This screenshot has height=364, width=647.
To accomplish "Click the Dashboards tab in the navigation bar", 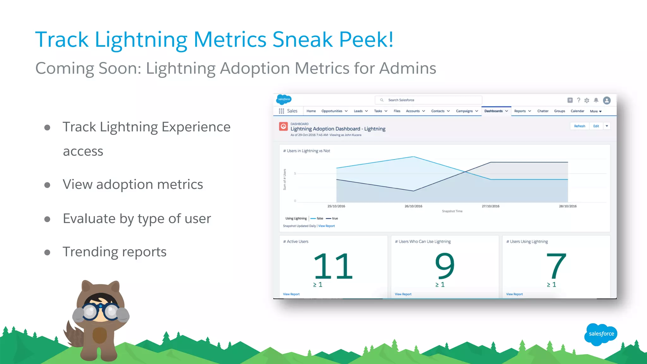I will click(493, 111).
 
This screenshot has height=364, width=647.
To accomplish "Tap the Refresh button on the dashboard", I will click(579, 126).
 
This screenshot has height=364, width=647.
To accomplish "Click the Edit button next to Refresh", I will click(596, 126).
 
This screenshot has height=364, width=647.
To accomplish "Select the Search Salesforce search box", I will click(428, 100).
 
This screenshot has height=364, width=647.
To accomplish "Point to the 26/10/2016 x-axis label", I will click(413, 206).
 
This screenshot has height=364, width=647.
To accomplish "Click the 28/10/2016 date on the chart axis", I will click(567, 206).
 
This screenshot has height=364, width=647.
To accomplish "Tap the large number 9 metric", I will click(444, 266).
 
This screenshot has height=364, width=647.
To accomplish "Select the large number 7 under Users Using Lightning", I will click(556, 266).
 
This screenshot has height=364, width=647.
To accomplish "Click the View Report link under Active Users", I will click(291, 294).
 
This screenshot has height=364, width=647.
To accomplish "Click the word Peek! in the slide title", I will click(366, 39).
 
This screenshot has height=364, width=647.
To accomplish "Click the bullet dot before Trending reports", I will click(47, 252).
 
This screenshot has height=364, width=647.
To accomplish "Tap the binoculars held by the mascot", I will click(100, 312).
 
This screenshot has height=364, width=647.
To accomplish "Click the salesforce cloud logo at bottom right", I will click(601, 334).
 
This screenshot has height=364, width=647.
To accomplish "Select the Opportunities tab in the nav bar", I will click(332, 111).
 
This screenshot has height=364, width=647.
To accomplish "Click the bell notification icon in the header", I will click(596, 100).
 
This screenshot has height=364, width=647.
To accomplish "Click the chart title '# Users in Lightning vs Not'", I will click(306, 151).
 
